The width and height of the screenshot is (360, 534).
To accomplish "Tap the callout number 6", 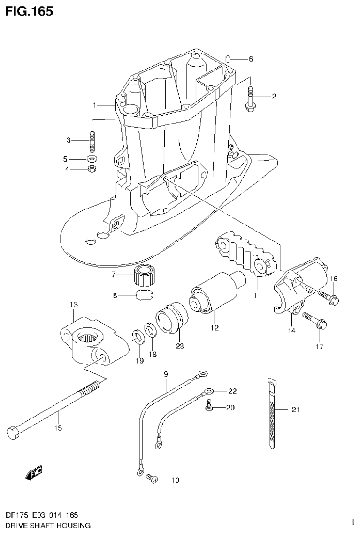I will [251, 59].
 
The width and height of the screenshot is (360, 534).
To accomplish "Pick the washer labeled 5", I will [92, 158].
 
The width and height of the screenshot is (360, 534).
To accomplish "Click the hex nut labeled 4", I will [92, 169].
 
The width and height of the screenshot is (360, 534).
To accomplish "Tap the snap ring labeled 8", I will [144, 296].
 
